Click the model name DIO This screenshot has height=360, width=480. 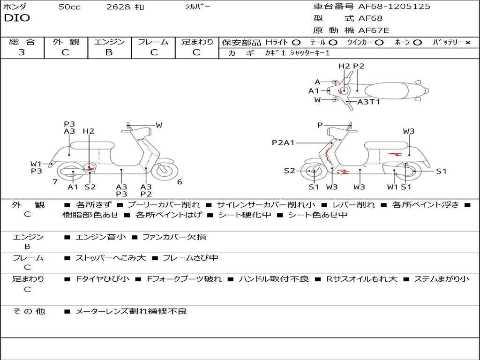17,18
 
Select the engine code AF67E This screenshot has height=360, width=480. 374,31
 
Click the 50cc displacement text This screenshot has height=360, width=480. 69,7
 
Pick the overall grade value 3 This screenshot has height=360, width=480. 22,52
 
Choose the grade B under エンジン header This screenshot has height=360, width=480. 109,52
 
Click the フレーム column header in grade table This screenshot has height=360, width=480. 153,42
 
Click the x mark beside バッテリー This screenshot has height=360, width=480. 467,42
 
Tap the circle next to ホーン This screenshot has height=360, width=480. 418,42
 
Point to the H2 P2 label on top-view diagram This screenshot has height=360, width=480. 352,66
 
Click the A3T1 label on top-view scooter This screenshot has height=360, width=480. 368,102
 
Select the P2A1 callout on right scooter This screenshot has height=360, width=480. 283,142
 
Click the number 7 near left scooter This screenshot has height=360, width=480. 55,182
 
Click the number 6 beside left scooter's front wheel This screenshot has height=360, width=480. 179,182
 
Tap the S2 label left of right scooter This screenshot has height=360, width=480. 290,171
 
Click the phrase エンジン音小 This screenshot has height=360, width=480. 101,237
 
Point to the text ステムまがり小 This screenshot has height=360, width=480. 442,279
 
